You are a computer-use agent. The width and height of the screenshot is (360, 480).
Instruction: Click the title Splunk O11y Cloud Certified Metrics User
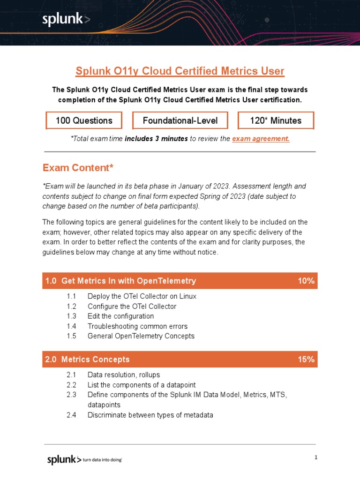[180, 71]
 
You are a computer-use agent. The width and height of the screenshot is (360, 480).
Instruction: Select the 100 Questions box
[84, 120]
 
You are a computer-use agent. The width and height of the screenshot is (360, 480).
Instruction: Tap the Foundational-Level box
[180, 120]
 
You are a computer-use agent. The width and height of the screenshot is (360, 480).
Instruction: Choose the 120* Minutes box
[276, 120]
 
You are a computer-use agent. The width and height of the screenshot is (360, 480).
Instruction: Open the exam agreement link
[261, 139]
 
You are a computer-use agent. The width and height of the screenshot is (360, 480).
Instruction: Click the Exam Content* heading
[78, 168]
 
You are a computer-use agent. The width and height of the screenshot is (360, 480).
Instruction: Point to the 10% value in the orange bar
[306, 281]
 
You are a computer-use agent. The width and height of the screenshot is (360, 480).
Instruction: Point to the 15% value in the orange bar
[306, 360]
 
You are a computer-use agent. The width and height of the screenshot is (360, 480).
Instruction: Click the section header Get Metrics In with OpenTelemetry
[128, 281]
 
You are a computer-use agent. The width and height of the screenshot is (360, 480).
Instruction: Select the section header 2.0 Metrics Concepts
[87, 360]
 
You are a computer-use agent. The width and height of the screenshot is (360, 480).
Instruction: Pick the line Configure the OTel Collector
[132, 307]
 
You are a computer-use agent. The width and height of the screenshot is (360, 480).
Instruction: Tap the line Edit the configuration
[120, 316]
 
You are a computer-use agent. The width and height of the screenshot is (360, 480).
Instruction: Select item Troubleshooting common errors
[137, 326]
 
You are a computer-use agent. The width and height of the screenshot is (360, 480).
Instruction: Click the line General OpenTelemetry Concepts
[141, 336]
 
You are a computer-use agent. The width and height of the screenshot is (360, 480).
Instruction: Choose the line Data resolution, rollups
[123, 375]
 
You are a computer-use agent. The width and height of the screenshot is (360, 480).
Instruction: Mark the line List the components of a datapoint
[141, 385]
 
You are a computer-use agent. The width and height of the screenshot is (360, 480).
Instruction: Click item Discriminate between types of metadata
[150, 415]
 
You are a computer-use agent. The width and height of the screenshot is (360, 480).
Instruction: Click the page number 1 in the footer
[316, 457]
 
